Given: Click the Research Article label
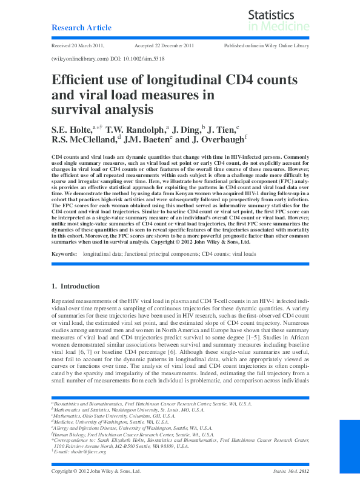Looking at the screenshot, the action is click(81, 28).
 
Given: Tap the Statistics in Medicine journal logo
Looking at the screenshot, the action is click(279, 20).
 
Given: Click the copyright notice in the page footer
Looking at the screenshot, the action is click(96, 471).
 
